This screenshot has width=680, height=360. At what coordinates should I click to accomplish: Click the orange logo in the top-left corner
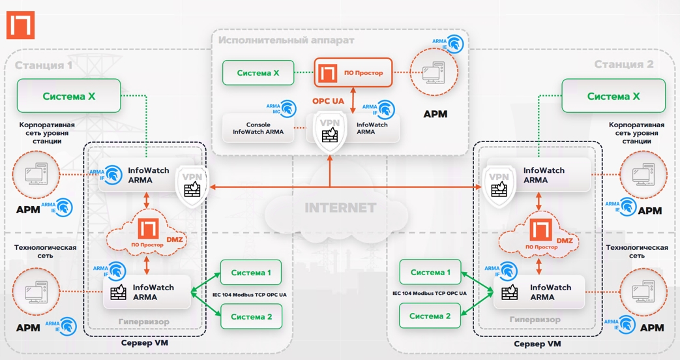tap(20, 26)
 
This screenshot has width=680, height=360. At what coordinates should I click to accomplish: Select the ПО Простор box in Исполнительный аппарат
tap(353, 73)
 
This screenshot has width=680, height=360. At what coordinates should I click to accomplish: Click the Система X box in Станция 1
tap(69, 96)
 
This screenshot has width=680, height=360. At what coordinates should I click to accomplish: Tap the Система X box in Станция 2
tap(613, 96)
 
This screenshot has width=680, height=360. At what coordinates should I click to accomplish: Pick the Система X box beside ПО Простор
tap(258, 73)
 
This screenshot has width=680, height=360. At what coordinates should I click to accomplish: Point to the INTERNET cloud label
tap(340, 208)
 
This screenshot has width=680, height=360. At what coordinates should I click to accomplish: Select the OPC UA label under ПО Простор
tap(328, 101)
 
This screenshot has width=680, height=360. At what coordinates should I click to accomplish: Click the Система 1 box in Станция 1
tap(250, 273)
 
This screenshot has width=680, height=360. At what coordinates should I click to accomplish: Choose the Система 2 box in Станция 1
tap(250, 317)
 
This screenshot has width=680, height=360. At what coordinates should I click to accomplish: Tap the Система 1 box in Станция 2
tap(430, 273)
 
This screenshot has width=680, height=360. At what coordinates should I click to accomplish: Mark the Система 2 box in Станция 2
tap(430, 316)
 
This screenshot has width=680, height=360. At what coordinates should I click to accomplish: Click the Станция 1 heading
tap(44, 65)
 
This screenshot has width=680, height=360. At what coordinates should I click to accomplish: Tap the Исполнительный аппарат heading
tap(286, 40)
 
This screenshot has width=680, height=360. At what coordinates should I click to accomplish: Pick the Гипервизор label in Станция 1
tap(144, 322)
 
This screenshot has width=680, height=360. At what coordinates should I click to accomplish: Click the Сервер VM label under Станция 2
tap(537, 344)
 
